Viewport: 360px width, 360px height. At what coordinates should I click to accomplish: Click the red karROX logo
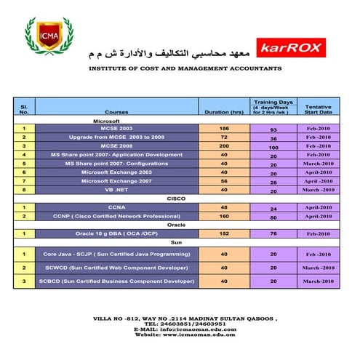(289, 49)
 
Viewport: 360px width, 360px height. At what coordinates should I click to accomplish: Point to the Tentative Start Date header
(318, 109)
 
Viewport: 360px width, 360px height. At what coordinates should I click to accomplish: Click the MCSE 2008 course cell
(116, 145)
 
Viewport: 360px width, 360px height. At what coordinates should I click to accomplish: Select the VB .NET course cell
(116, 189)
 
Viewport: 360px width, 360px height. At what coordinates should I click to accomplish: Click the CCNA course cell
(116, 207)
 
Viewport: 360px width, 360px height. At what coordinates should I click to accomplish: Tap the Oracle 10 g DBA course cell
(116, 233)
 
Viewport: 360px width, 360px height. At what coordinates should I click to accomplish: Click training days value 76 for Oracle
(273, 234)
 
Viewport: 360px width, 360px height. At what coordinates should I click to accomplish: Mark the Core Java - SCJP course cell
(116, 254)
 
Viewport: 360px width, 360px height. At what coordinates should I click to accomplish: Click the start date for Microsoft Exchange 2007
(318, 180)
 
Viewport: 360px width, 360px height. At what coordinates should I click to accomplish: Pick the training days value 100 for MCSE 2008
(273, 147)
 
